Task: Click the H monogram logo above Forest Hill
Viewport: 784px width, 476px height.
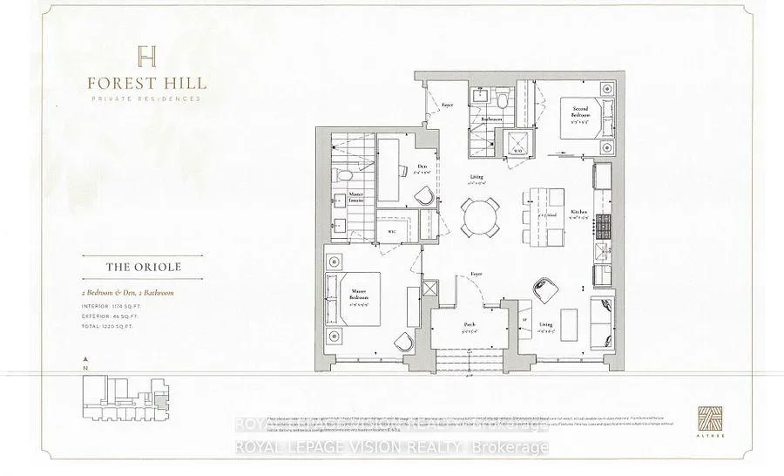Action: click(145, 58)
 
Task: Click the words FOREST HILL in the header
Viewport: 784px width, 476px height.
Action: click(145, 84)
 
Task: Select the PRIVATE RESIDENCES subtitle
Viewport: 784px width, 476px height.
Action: click(145, 99)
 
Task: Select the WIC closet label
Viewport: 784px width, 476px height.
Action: click(391, 232)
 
